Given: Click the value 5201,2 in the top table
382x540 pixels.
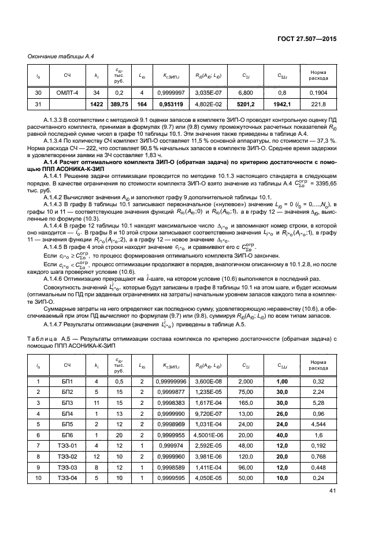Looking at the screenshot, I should click(245, 104).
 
